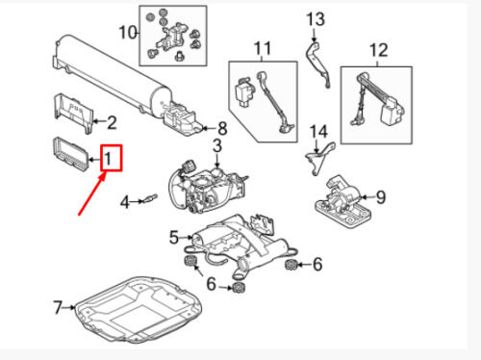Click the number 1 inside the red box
tap(111, 157)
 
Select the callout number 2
tap(111, 122)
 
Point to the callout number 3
tap(216, 145)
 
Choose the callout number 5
tap(173, 235)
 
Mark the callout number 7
tap(57, 308)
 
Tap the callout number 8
tap(221, 128)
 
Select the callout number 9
tap(380, 197)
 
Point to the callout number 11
tap(264, 47)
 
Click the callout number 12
tap(377, 49)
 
